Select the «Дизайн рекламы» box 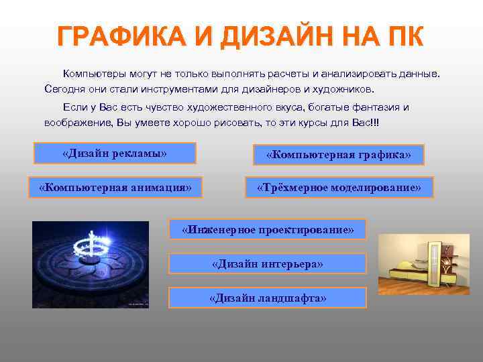[114, 154]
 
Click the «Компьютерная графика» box [338, 155]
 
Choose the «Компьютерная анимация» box [115, 187]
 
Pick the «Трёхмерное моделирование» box [339, 187]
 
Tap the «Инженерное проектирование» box [268, 230]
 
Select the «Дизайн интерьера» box [268, 263]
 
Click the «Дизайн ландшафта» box [268, 298]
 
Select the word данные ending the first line [423, 72]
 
